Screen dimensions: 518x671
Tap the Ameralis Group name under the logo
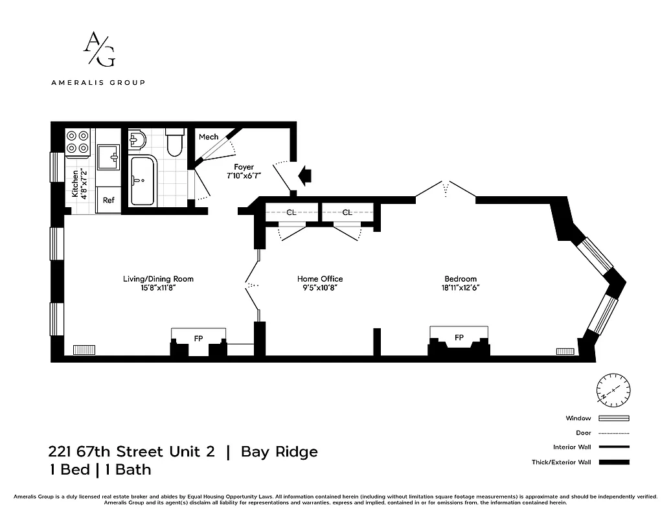coord(98,82)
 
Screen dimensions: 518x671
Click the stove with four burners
coord(78,142)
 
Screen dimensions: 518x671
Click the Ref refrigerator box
coord(109,200)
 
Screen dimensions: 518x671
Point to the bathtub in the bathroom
coord(142,181)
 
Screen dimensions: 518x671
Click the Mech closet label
coord(208,137)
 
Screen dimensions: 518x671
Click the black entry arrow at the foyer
coord(304,173)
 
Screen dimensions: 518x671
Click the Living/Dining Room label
coord(158,283)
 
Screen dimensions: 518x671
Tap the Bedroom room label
coord(461,279)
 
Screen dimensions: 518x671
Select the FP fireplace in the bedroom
coord(459,338)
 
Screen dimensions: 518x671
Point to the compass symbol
coord(613,390)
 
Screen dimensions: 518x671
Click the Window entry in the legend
coord(578,418)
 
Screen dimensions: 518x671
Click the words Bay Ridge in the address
coord(279,451)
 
